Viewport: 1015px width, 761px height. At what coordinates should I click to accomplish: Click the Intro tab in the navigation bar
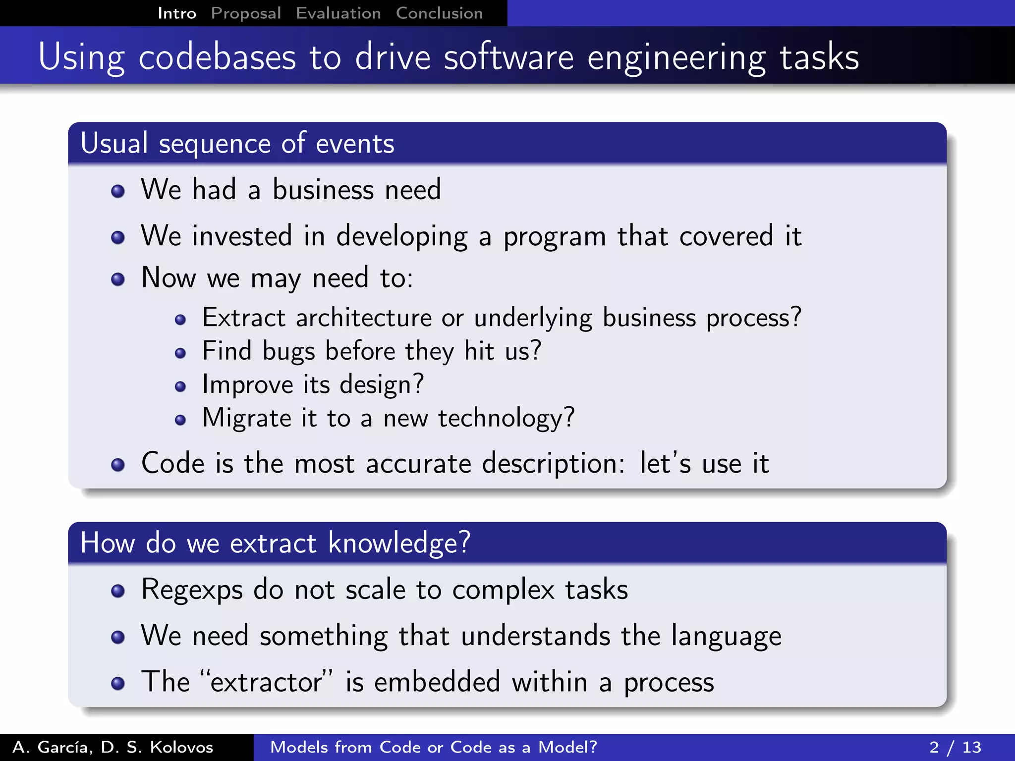[177, 13]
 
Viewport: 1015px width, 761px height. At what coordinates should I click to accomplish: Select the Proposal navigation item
[246, 13]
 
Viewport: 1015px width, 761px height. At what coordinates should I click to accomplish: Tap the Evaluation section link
[338, 13]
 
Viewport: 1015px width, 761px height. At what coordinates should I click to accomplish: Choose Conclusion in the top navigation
[439, 13]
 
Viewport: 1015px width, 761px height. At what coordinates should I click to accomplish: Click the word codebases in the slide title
[217, 57]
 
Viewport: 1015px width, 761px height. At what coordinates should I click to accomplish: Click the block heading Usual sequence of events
[237, 144]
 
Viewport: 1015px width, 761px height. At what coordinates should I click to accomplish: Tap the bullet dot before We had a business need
[118, 191]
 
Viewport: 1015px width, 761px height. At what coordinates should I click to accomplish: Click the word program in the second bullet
[555, 237]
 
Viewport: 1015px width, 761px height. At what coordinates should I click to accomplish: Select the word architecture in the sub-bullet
[363, 318]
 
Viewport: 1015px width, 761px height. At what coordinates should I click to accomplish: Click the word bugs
[288, 352]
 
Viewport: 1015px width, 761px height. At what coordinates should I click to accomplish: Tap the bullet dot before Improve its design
[180, 386]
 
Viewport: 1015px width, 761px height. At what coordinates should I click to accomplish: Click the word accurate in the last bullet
[418, 464]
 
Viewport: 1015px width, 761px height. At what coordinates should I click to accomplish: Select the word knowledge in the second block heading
[398, 544]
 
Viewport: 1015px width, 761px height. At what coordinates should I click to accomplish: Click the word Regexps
[192, 590]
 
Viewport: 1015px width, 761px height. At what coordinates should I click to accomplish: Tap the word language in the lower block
[726, 637]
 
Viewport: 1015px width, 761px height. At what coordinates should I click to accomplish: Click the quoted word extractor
[266, 682]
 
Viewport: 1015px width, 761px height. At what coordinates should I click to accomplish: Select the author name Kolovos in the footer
[181, 747]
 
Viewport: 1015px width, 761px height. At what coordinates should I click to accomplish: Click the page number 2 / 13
[955, 747]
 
